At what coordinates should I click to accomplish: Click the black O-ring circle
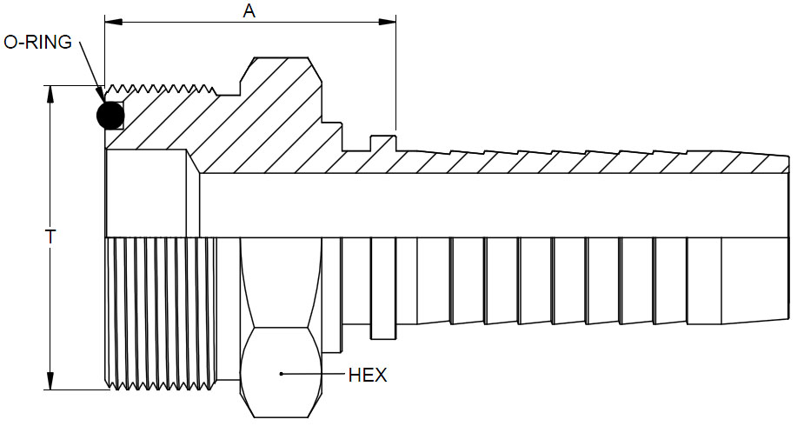110,115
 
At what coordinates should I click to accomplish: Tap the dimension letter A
249,11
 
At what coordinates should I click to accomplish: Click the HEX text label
367,376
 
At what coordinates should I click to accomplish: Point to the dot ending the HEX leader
282,375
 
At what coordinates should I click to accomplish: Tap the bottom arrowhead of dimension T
51,384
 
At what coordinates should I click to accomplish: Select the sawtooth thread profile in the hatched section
161,89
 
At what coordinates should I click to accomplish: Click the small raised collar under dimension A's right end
383,142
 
